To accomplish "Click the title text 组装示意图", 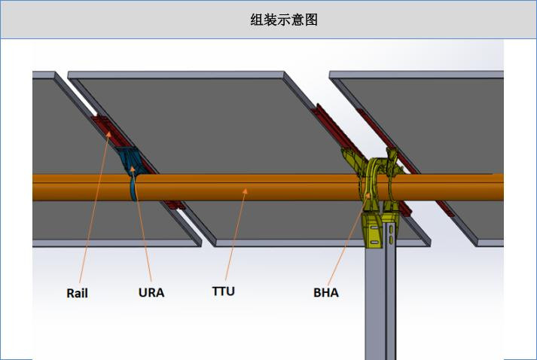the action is tap(284, 20).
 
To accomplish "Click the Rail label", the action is tap(77, 293).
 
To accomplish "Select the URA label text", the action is tap(151, 292).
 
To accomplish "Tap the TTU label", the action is tap(223, 291).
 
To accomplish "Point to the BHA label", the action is tap(326, 292).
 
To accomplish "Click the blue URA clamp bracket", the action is tap(130, 160).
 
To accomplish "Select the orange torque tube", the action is tap(268, 188).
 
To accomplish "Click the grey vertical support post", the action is tap(380, 301).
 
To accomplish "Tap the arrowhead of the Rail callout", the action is tap(108, 133).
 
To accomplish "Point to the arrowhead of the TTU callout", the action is tap(245, 191).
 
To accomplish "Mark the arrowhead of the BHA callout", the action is tap(368, 195).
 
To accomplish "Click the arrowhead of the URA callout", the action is tap(133, 169).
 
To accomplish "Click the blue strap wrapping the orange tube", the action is tap(133, 188).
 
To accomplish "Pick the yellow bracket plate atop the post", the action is tap(373, 230).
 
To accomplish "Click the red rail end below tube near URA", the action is tap(174, 205).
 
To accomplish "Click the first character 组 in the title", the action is tap(257, 20).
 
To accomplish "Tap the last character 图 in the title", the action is tap(311, 20).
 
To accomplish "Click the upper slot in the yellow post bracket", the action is tap(374, 227).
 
